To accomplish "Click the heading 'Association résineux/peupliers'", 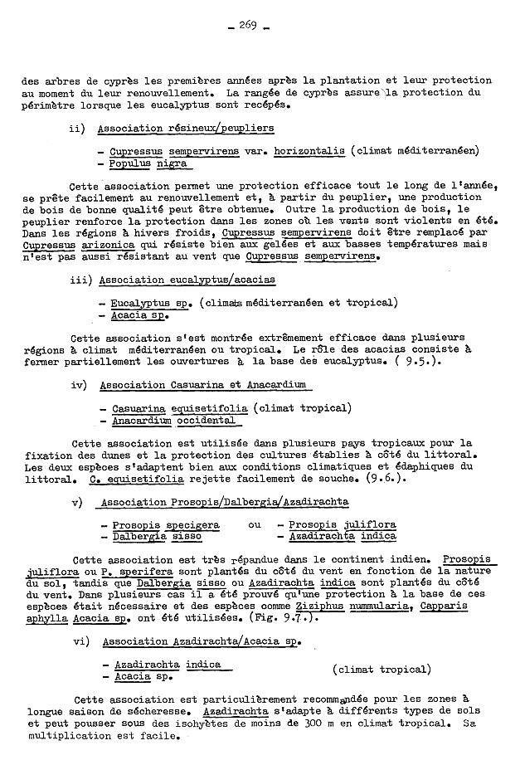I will (186, 129).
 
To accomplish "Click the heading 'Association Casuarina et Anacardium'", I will (203, 385).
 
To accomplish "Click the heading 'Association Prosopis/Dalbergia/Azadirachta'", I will (222, 502).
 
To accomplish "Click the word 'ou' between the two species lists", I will (255, 525).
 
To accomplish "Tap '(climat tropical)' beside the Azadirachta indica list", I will (381, 669).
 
